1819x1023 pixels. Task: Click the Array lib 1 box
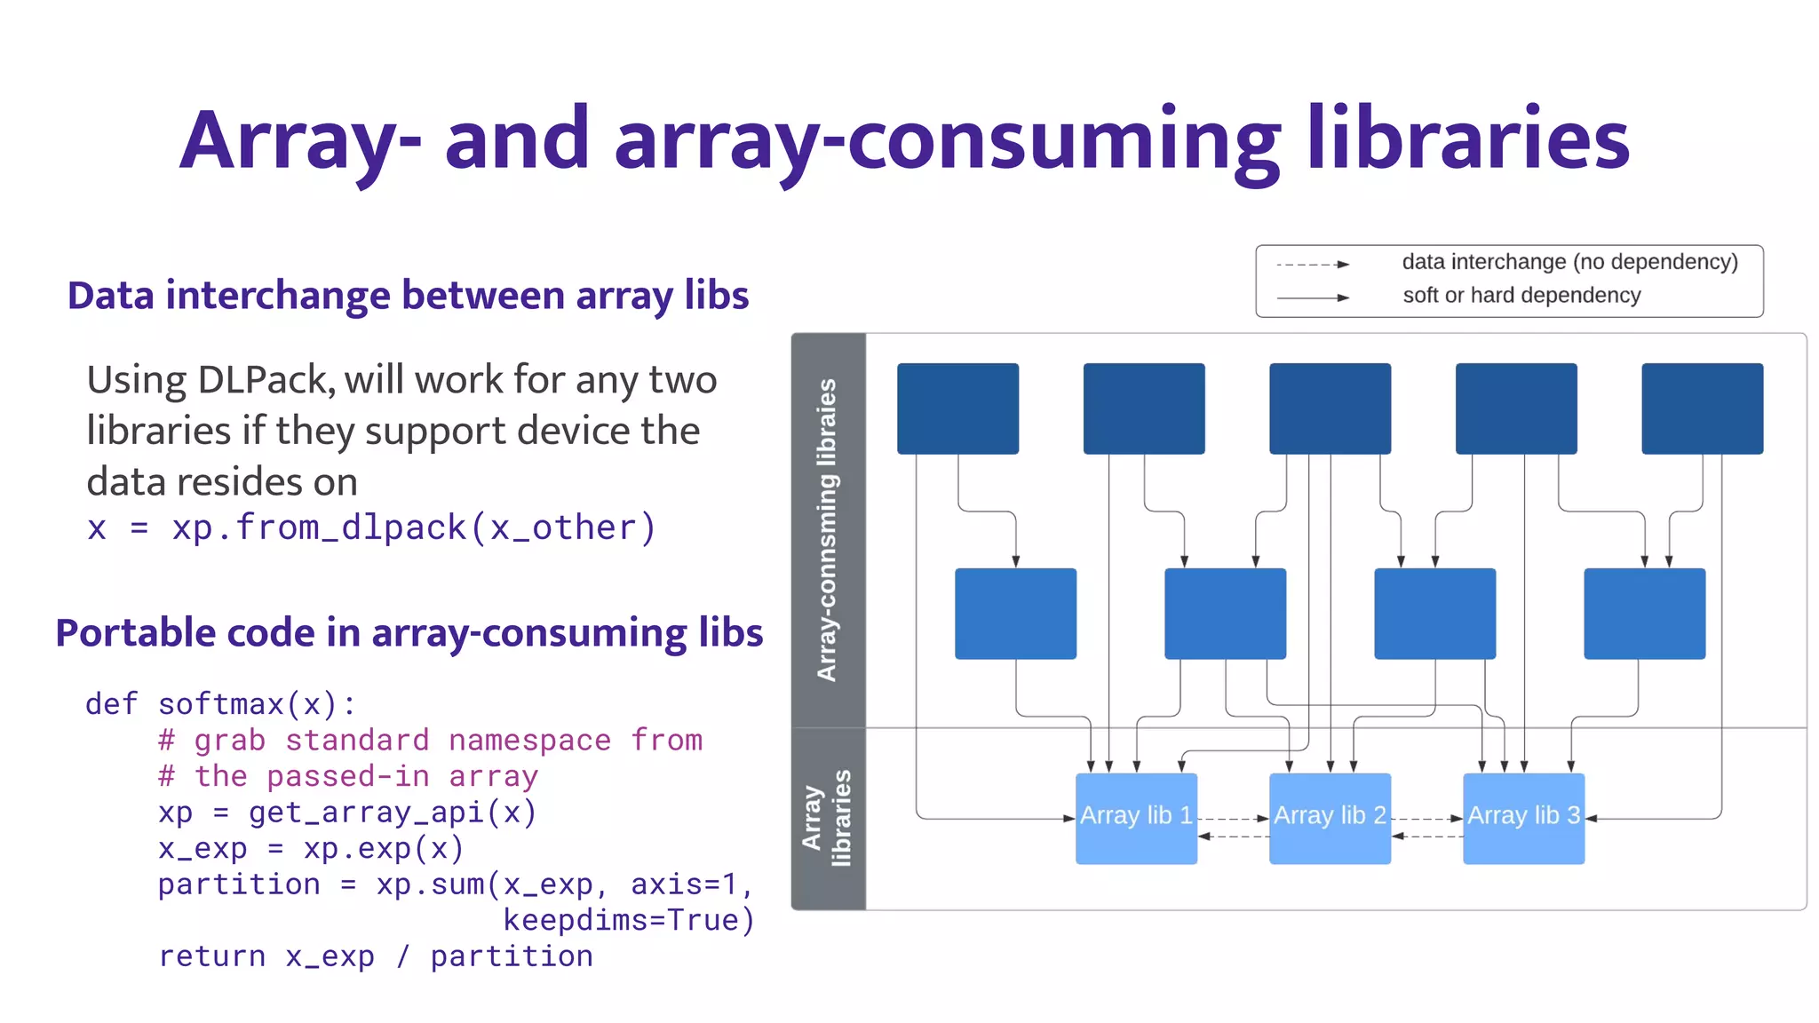(1136, 817)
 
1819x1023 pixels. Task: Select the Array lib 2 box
(1330, 817)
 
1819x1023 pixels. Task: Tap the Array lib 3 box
(1523, 817)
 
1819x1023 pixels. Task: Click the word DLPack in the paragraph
(265, 380)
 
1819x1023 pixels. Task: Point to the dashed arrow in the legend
(1312, 265)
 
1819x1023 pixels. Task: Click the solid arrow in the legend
(1312, 297)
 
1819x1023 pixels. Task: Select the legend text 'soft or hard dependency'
(1521, 296)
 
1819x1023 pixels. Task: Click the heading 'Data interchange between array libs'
(408, 296)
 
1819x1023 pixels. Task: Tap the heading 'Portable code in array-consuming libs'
(409, 633)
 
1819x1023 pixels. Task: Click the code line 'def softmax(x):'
(220, 704)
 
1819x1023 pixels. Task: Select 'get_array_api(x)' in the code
(392, 813)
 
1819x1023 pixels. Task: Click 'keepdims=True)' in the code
(629, 920)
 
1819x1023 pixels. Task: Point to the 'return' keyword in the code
(211, 956)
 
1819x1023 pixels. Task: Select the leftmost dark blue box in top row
(957, 408)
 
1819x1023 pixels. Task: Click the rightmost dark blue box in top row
(1702, 408)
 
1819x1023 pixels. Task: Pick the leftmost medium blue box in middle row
(1015, 614)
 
